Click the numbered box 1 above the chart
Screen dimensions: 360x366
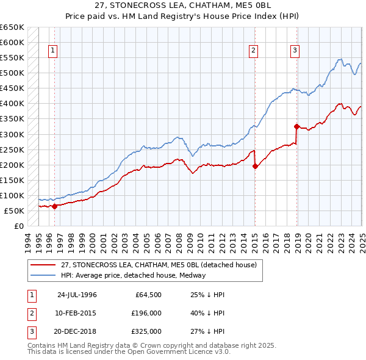tap(53, 51)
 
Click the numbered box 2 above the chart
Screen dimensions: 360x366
tap(253, 51)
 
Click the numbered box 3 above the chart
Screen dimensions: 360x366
tap(295, 51)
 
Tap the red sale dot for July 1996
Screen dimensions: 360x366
tap(54, 206)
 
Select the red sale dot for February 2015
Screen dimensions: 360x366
tap(255, 166)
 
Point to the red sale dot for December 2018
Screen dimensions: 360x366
tap(297, 126)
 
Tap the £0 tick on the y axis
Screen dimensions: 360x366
tap(19, 226)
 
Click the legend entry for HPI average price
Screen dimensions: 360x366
tap(133, 275)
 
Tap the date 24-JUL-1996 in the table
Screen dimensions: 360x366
tap(77, 295)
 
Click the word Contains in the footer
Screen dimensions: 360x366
tap(43, 345)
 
